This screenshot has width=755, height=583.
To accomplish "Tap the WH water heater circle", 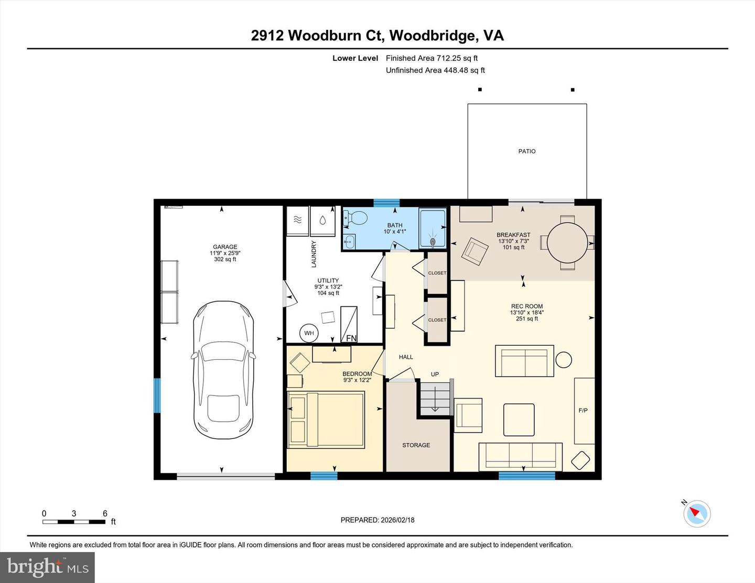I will point(309,333).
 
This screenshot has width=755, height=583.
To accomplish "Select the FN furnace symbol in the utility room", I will point(349,325).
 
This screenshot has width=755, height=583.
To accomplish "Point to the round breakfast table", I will point(567,243).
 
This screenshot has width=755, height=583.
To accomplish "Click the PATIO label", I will point(527,151).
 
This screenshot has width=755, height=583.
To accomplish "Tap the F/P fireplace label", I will point(583,411).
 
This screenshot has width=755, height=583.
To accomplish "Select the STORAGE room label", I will point(416,445).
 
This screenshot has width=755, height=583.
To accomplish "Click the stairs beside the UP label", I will point(435,399).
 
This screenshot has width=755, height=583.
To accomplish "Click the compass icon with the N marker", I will point(697,513).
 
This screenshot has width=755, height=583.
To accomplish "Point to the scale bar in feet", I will point(74,522).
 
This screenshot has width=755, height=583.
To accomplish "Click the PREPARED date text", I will point(377,520).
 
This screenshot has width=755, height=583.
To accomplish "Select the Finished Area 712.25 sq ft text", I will point(432,58).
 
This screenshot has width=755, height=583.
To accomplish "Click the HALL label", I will point(406,357).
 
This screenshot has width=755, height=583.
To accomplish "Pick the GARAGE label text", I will point(225,247).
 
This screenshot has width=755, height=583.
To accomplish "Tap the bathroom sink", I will point(349,242).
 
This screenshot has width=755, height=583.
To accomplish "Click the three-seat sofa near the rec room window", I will point(520,456).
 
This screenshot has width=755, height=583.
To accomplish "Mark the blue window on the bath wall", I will point(386,203).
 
